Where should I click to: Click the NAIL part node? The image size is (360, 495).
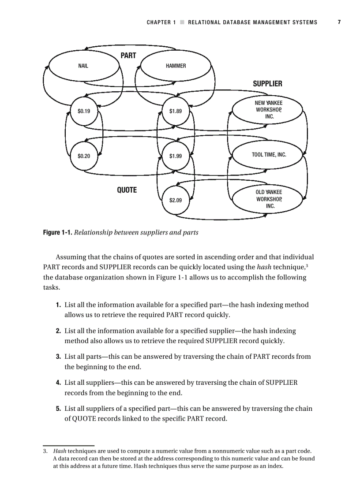[x=83, y=66]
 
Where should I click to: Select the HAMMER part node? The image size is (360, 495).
[x=176, y=66]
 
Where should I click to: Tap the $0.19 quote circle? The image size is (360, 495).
[x=84, y=111]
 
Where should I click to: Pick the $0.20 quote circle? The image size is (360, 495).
[x=84, y=156]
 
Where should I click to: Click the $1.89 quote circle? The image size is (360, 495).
[x=176, y=111]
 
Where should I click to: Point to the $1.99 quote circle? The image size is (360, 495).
[x=176, y=156]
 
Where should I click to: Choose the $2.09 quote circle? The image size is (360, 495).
[x=176, y=200]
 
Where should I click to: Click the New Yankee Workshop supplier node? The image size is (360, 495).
[x=268, y=110]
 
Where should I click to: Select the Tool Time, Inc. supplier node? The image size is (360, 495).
[x=269, y=155]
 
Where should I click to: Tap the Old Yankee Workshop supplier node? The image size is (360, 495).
[x=268, y=199]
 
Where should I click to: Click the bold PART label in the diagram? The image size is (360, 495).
[x=128, y=56]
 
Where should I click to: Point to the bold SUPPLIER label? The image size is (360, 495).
[x=267, y=84]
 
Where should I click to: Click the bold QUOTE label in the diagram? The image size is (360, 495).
[x=127, y=190]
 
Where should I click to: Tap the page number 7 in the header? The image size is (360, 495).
[x=339, y=22]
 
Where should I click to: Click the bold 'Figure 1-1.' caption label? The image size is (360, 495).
[x=57, y=232]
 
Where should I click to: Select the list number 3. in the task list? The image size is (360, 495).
[x=58, y=357]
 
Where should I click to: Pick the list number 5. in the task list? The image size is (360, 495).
[x=58, y=409]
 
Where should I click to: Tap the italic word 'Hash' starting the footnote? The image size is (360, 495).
[x=60, y=451]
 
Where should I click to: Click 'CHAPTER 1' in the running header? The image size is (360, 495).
[x=161, y=22]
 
